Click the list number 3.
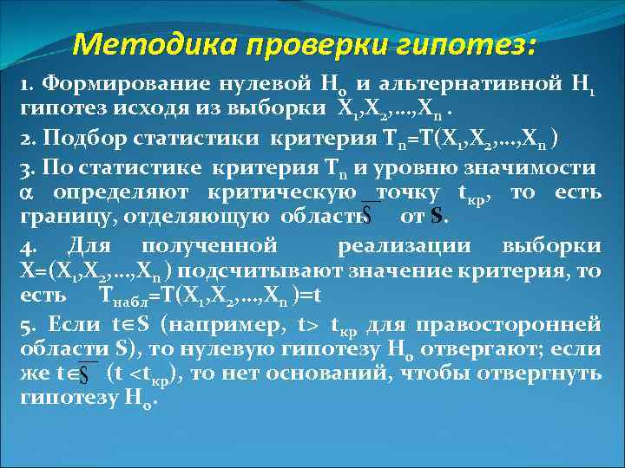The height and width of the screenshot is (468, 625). pos(25,169)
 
